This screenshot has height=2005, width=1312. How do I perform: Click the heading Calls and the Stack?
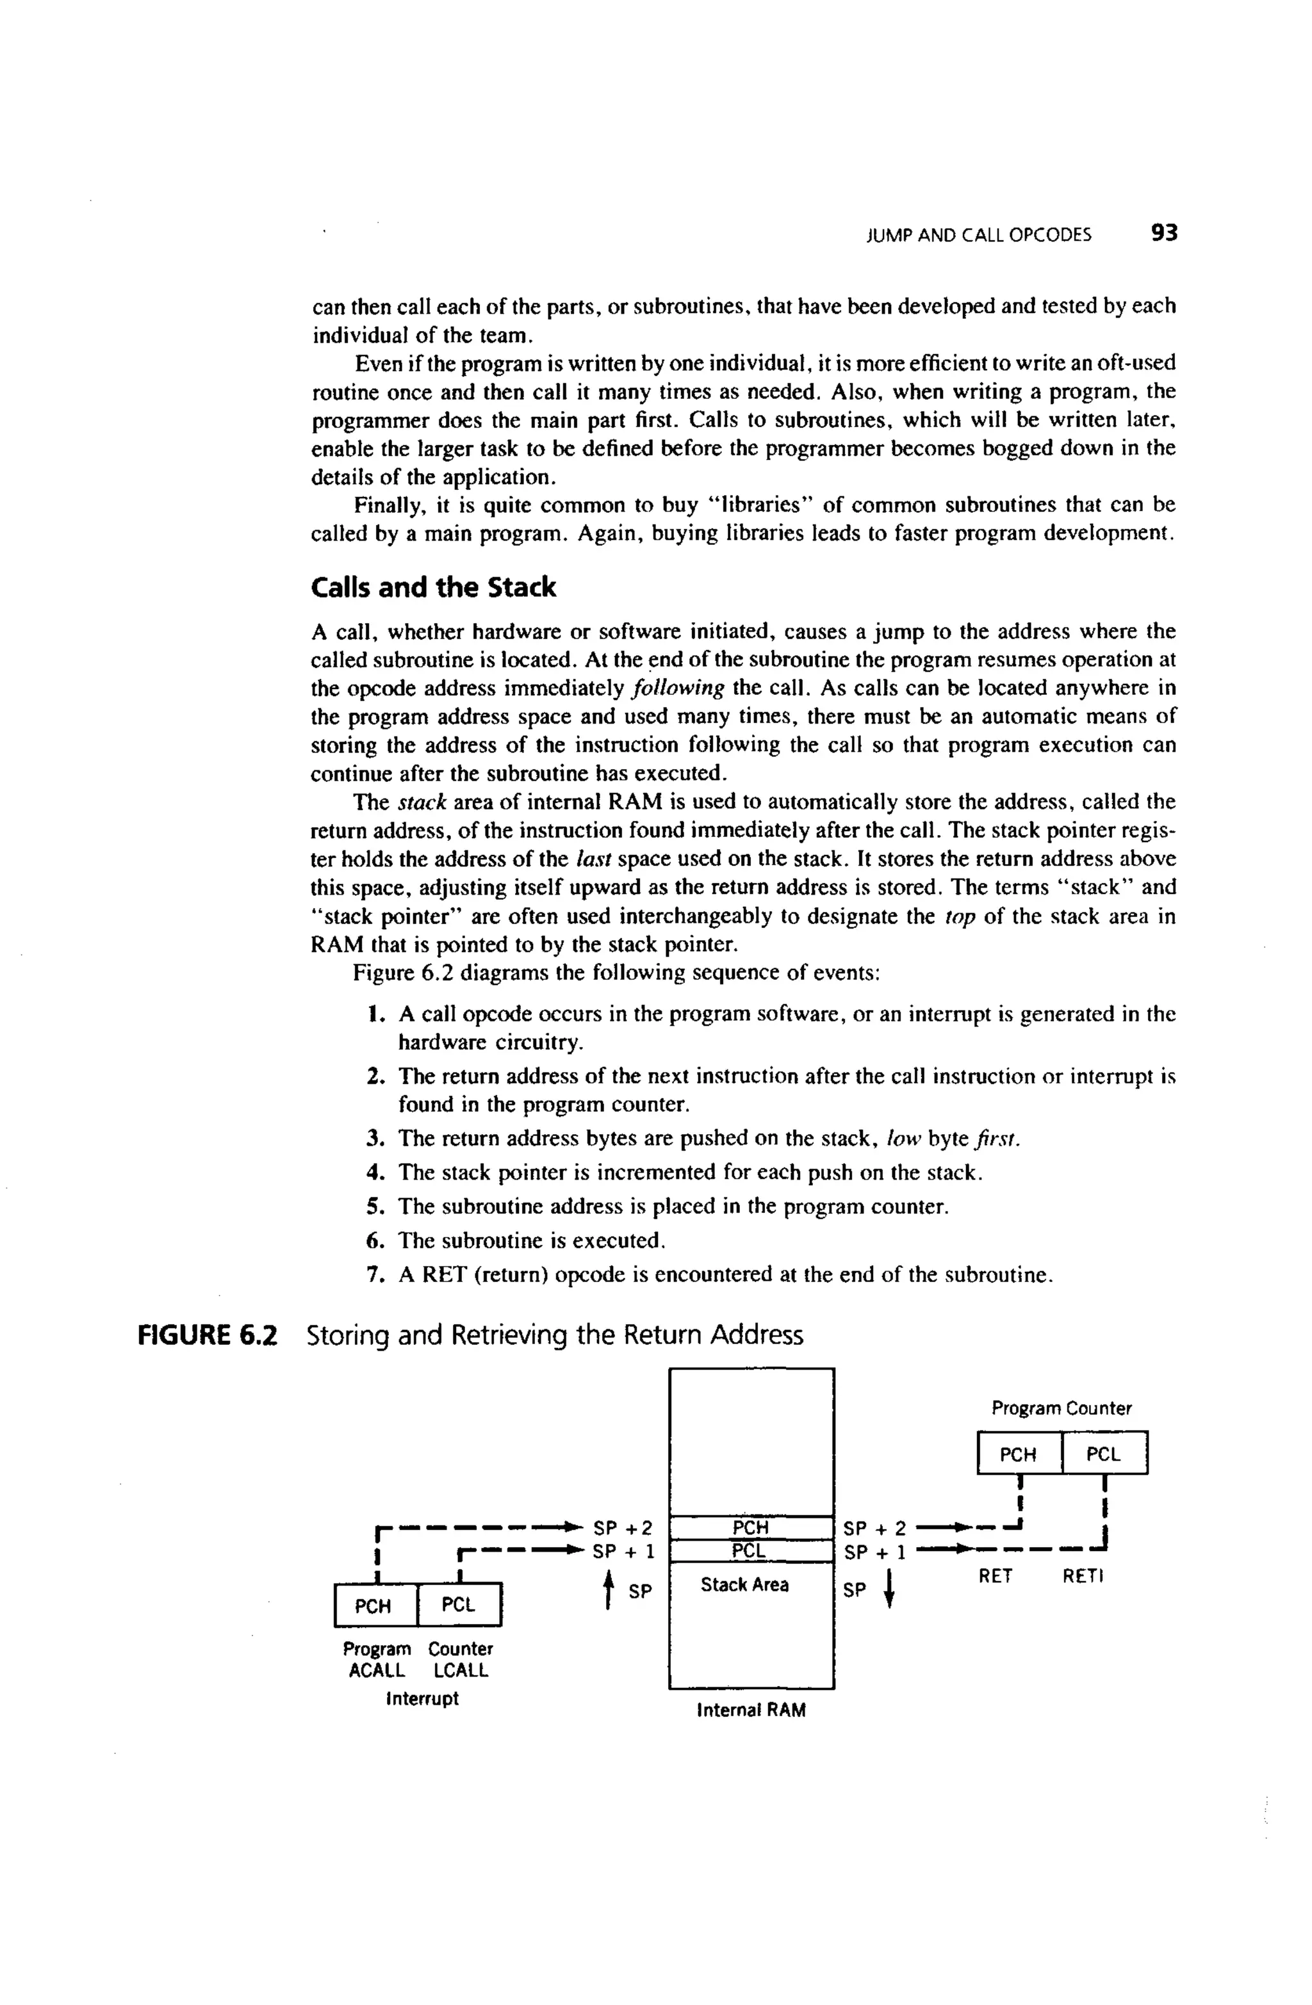[433, 587]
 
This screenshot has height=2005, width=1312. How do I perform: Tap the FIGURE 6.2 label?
[208, 1335]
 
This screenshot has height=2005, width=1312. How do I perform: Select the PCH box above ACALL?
[373, 1605]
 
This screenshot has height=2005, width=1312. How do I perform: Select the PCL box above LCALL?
[459, 1605]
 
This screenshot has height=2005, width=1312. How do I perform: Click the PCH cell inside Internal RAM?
[750, 1527]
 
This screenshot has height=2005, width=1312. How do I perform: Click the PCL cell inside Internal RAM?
[750, 1551]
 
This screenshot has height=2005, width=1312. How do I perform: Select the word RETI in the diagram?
[1082, 1575]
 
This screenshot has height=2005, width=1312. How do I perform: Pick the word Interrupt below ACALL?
[422, 1698]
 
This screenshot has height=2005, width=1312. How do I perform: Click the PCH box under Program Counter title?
[1018, 1454]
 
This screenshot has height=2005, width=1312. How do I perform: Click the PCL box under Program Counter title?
[1103, 1454]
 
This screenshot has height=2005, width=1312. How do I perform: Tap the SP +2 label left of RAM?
[623, 1527]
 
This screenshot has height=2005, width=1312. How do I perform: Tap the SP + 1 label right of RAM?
[874, 1552]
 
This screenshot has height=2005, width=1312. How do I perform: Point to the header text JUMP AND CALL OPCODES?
[978, 236]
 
